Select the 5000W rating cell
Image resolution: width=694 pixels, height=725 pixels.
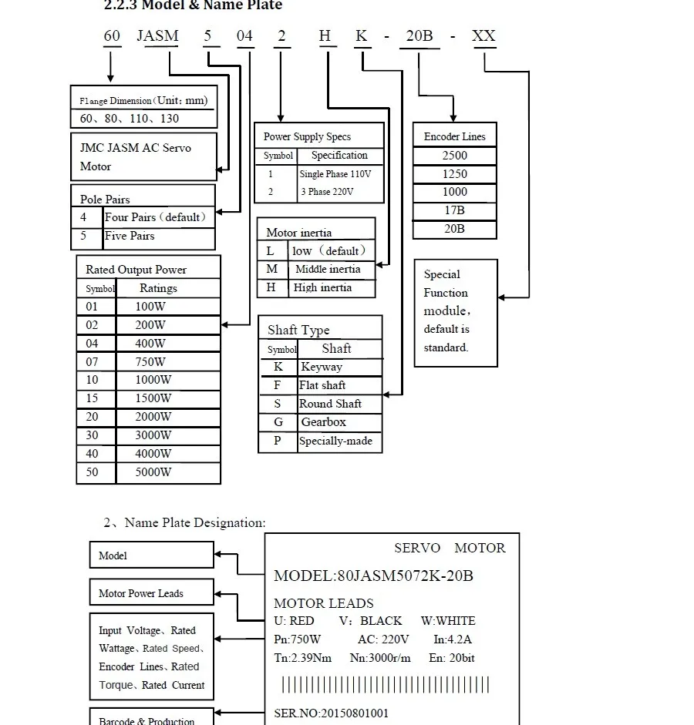point(153,472)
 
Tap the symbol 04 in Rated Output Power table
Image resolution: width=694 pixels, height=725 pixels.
point(93,344)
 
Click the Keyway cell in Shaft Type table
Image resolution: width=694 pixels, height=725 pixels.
point(322,367)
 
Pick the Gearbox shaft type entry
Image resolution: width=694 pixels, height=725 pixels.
point(323,422)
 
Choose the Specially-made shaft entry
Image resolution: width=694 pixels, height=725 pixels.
point(335,441)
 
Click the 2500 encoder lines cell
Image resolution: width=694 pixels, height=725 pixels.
point(454,156)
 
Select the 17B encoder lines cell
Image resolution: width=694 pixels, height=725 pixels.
point(454,210)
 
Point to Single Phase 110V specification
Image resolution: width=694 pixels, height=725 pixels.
point(335,174)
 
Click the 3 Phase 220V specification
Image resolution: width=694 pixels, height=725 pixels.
point(327,192)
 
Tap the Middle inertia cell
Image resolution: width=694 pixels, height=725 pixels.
point(328,269)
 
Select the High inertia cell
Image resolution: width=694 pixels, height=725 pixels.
point(322,287)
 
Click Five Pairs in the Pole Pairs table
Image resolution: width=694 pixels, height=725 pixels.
point(130,236)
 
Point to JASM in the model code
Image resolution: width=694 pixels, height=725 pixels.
point(157,36)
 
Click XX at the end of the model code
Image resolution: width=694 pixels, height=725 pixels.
point(483,36)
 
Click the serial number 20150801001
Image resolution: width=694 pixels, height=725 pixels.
point(354,713)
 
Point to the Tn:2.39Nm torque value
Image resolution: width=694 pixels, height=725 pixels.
point(302,658)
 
